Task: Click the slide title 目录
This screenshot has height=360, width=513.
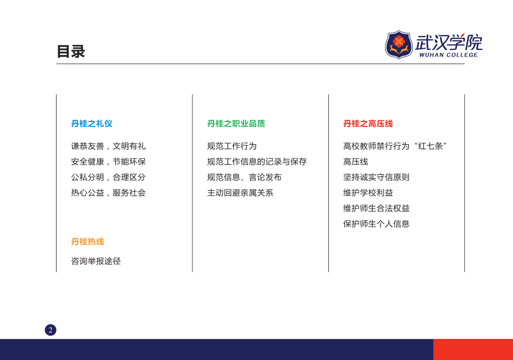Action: pyautogui.click(x=70, y=52)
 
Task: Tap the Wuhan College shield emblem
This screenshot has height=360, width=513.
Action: pyautogui.click(x=399, y=44)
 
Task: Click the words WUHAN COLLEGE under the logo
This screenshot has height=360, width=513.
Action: pyautogui.click(x=448, y=55)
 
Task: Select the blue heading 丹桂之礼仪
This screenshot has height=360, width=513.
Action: pyautogui.click(x=92, y=123)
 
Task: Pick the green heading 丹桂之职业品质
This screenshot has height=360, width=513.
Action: pyautogui.click(x=236, y=123)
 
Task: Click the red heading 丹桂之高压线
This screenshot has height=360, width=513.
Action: pyautogui.click(x=368, y=123)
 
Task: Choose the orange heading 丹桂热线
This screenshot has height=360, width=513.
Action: pyautogui.click(x=88, y=241)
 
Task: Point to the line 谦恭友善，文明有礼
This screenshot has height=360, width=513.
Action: pyautogui.click(x=108, y=146)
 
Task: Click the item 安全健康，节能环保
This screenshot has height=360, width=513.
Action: pyautogui.click(x=108, y=161)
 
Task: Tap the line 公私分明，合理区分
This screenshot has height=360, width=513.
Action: pyautogui.click(x=108, y=177)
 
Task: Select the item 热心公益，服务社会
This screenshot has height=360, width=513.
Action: pyautogui.click(x=108, y=193)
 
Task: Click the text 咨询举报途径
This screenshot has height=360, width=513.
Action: pyautogui.click(x=96, y=261)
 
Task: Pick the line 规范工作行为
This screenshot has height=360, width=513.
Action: pyautogui.click(x=232, y=146)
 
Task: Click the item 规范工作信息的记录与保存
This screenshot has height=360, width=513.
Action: pyautogui.click(x=257, y=161)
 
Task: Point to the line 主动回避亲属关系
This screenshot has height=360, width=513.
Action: pyautogui.click(x=240, y=193)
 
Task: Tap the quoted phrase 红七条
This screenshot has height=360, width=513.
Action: pyautogui.click(x=430, y=146)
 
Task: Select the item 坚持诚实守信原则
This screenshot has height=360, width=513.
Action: pyautogui.click(x=376, y=177)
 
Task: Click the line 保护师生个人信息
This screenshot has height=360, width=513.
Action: pyautogui.click(x=376, y=224)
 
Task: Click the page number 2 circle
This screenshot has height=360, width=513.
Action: pyautogui.click(x=50, y=330)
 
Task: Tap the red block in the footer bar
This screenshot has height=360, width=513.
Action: pyautogui.click(x=473, y=349)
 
